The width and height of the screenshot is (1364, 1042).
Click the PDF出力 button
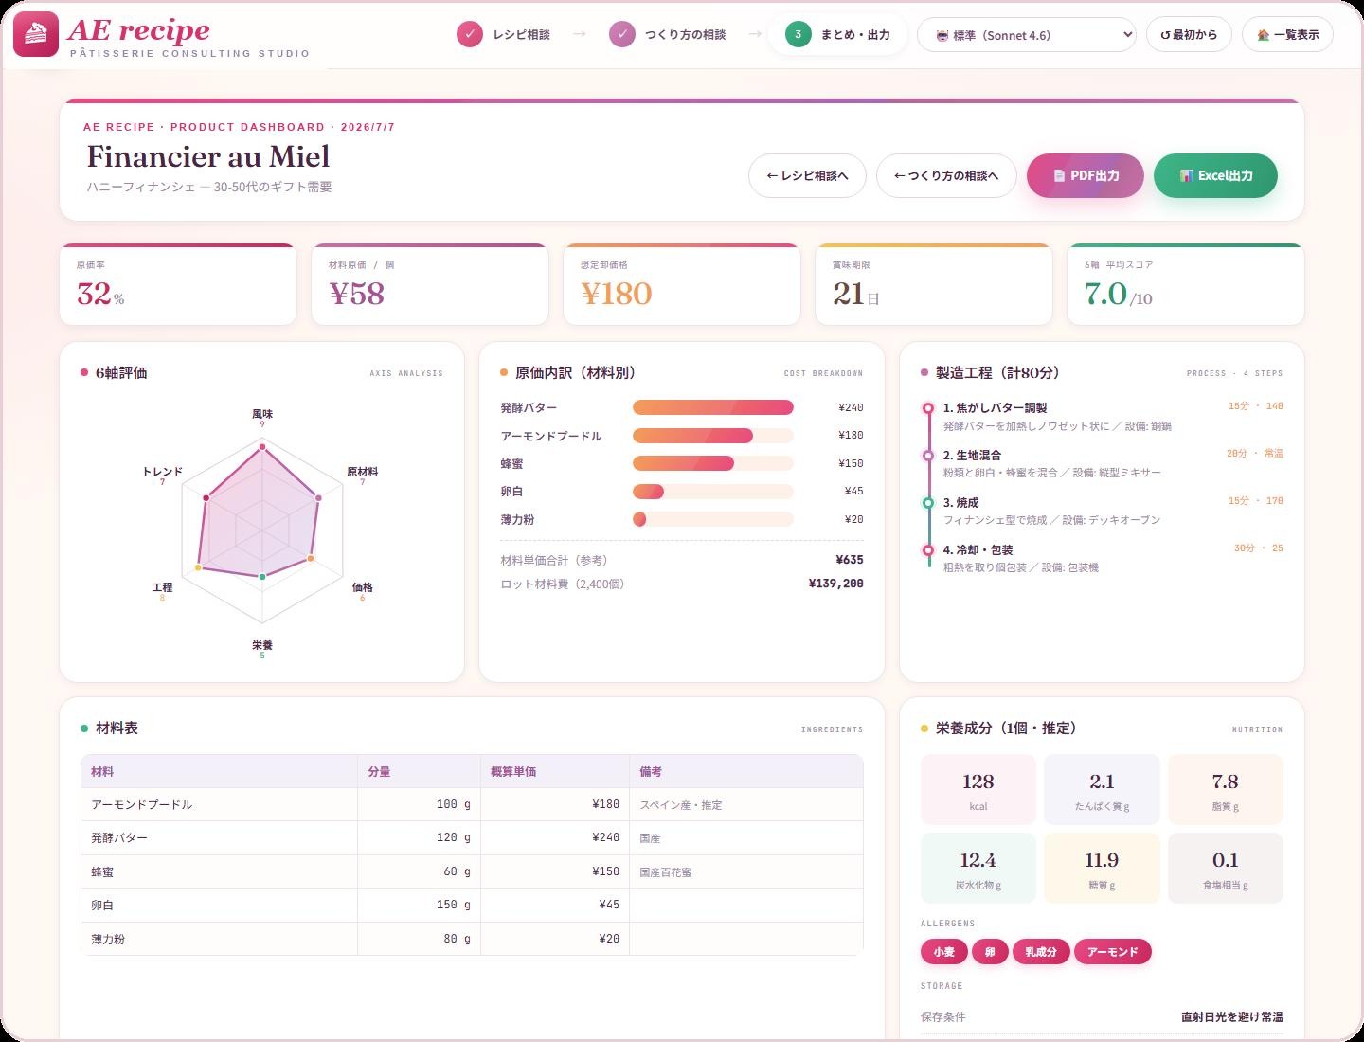[x=1085, y=176]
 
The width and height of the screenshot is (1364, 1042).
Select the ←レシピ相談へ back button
[x=807, y=176]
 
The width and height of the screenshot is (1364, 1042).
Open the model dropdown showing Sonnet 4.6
[x=1027, y=35]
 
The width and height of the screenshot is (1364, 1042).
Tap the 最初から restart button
[x=1189, y=35]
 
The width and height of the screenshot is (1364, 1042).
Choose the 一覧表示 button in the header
[x=1287, y=35]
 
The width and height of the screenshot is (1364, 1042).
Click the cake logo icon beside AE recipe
[x=36, y=34]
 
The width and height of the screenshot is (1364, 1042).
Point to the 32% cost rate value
[x=100, y=294]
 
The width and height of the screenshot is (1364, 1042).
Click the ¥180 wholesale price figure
[x=617, y=294]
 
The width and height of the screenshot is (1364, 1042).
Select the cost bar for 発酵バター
[x=712, y=407]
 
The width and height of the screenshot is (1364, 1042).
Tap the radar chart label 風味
[x=262, y=414]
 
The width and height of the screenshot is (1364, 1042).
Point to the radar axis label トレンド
[x=163, y=472]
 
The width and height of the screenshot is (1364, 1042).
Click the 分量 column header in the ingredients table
[x=379, y=772]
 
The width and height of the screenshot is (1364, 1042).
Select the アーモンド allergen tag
[x=1112, y=952]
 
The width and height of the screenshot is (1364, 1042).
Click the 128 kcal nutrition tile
[x=978, y=790]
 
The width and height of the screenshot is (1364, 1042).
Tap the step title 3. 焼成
[x=960, y=503]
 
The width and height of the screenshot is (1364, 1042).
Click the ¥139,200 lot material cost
[x=835, y=584]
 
